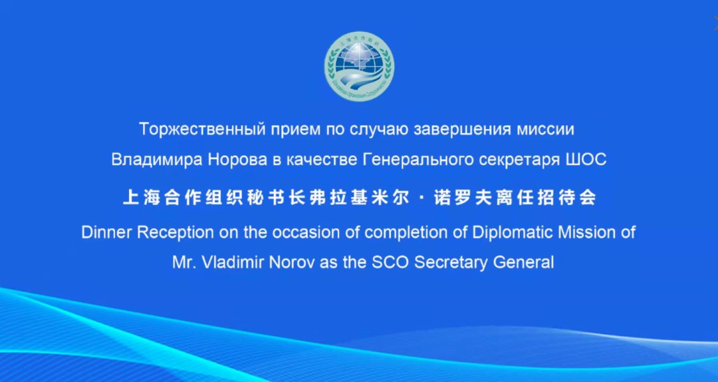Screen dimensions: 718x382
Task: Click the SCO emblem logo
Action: (360, 67)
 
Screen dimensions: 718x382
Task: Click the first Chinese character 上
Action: (131, 198)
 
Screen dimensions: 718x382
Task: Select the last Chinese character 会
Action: (588, 198)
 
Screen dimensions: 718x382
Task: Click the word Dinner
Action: (107, 232)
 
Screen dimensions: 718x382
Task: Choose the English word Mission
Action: (588, 232)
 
